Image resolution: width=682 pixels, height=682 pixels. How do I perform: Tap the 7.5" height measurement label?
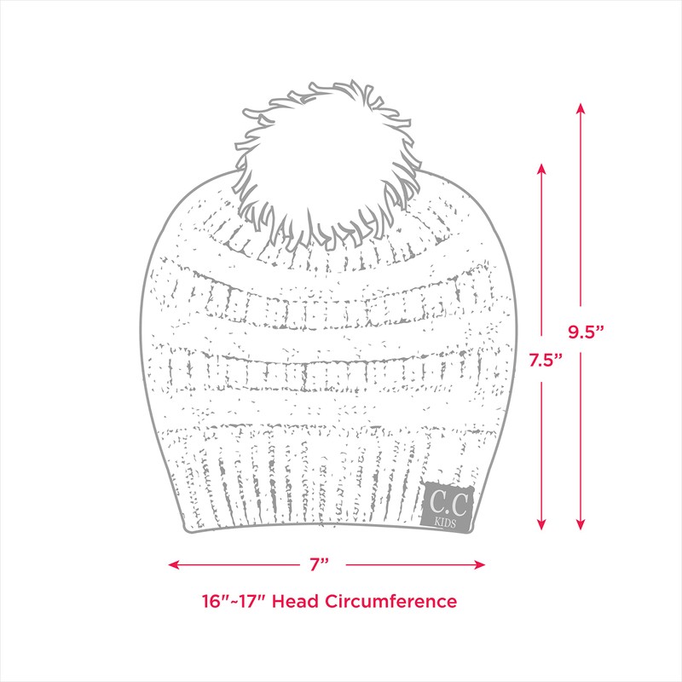[x=544, y=360]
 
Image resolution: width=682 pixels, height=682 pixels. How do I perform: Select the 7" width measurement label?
[x=320, y=564]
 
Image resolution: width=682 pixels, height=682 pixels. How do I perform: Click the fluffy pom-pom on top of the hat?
[x=328, y=162]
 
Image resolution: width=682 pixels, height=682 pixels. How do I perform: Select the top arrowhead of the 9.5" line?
[x=580, y=107]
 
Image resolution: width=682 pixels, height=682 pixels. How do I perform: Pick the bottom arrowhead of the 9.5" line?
[x=580, y=525]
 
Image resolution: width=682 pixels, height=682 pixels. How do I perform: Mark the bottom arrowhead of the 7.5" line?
[x=541, y=525]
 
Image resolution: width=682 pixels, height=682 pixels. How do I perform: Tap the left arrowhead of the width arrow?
[x=173, y=564]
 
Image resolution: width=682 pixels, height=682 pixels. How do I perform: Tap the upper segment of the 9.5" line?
[x=580, y=213]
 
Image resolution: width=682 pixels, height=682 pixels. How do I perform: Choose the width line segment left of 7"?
[x=239, y=564]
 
